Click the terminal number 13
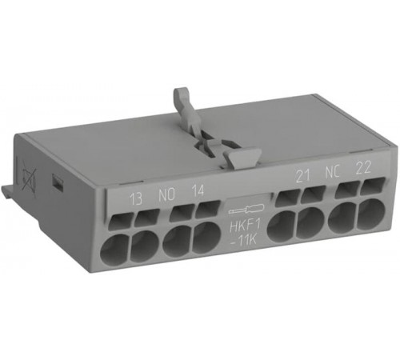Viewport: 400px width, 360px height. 136,199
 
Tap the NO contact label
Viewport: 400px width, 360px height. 166,195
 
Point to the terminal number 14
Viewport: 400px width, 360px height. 198,190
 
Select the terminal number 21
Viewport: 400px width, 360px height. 303,176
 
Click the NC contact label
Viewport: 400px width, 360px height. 332,172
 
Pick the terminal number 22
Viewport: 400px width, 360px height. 364,168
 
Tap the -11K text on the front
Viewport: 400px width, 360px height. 243,240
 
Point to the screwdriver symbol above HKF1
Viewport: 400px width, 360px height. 246,209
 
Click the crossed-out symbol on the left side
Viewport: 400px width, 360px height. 29,177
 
